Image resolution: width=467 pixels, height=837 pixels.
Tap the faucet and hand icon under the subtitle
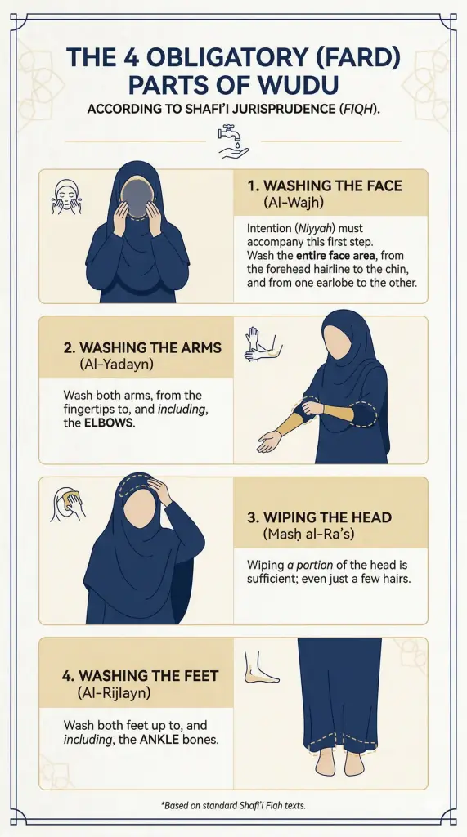coord(233,141)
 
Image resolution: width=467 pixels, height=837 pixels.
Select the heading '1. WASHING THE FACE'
coord(325,186)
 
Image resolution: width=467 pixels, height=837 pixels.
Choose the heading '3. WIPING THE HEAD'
coord(319,517)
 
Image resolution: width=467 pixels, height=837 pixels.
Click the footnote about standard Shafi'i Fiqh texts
coord(233,805)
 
